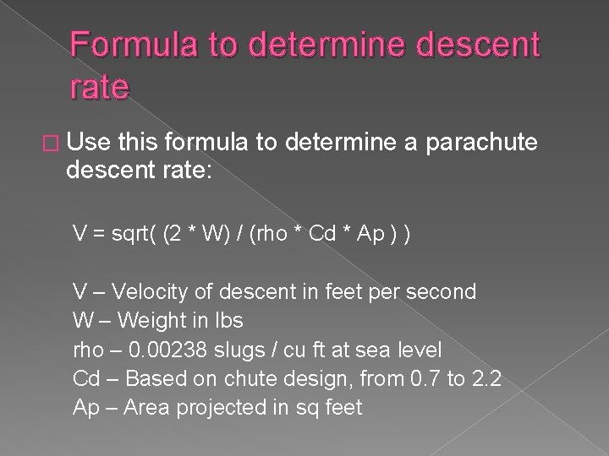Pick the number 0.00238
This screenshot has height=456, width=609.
[178, 350]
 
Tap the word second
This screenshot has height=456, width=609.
[447, 292]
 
